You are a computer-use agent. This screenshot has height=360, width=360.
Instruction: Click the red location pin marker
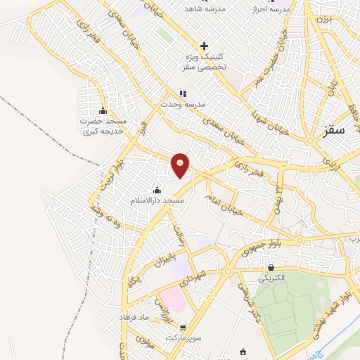[181, 165]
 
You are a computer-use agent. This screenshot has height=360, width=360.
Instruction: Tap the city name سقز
[335, 130]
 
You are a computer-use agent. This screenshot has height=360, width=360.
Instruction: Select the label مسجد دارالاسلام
[157, 201]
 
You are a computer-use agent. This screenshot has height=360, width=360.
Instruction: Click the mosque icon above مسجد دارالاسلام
[156, 190]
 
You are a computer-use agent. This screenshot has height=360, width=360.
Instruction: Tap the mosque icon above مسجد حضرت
[103, 110]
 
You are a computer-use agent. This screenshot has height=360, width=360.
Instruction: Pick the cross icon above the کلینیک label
[204, 46]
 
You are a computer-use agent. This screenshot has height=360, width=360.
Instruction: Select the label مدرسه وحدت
[182, 104]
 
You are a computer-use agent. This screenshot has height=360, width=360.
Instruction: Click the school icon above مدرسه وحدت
[183, 93]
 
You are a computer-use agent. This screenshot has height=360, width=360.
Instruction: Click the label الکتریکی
[272, 278]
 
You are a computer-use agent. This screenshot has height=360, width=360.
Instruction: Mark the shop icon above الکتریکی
[271, 267]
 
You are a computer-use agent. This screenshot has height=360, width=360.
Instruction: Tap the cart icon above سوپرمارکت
[184, 327]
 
